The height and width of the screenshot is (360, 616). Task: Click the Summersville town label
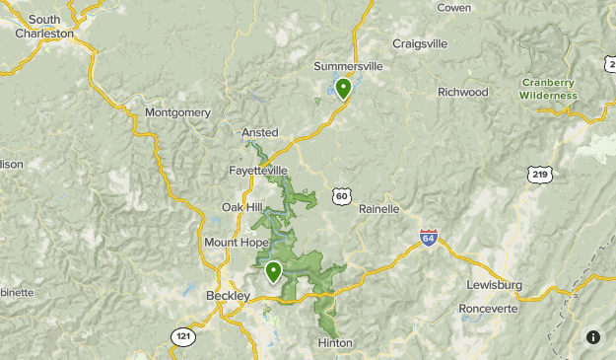[347, 66]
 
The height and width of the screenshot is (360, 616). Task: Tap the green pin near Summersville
[343, 90]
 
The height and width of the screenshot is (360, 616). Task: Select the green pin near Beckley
[273, 271]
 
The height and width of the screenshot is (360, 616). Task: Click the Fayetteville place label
[257, 170]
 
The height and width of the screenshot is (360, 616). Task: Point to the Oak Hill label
[241, 207]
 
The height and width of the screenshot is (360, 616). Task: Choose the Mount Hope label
[235, 243]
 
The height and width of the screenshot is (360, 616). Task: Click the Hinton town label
[335, 342]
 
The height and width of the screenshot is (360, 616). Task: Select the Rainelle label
[379, 209]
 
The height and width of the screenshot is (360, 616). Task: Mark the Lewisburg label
[494, 285]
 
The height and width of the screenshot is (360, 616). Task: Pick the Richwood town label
[463, 92]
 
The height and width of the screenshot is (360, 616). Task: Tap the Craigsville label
[420, 43]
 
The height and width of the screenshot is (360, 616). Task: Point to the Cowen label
[453, 7]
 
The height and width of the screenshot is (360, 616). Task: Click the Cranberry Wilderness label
[549, 89]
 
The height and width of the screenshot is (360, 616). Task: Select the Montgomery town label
[177, 112]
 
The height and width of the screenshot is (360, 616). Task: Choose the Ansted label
[260, 132]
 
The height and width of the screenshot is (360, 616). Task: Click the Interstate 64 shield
[428, 239]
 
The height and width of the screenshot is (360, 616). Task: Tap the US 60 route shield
[341, 197]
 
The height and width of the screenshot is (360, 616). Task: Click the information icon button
[592, 336]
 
